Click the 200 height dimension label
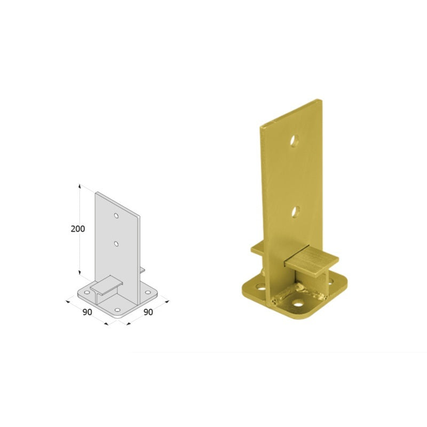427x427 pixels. coord(78,229)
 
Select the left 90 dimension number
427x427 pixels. coord(87,312)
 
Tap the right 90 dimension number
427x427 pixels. coord(148,312)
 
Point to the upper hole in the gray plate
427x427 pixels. coord(116,216)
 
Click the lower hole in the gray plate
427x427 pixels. coord(116,244)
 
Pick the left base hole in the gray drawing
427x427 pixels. coord(87,292)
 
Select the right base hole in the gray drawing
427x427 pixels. coord(148,292)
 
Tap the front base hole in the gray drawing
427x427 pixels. coord(117,310)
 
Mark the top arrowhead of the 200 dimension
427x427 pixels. coord(80,186)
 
